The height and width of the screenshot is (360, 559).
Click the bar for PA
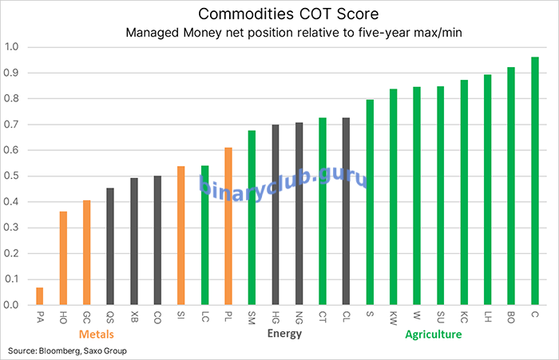tap(40, 296)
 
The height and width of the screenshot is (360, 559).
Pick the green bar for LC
tap(204, 235)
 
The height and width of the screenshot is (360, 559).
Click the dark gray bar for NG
tap(299, 214)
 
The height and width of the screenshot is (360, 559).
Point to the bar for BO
tap(511, 186)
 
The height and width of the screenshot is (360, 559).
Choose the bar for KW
tap(393, 197)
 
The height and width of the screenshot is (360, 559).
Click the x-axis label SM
tap(252, 317)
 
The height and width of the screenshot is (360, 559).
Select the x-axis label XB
tap(133, 317)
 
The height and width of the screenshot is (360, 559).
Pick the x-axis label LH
tap(487, 317)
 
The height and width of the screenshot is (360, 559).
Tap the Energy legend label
tap(283, 334)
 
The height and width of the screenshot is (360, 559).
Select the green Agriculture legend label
tap(433, 334)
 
